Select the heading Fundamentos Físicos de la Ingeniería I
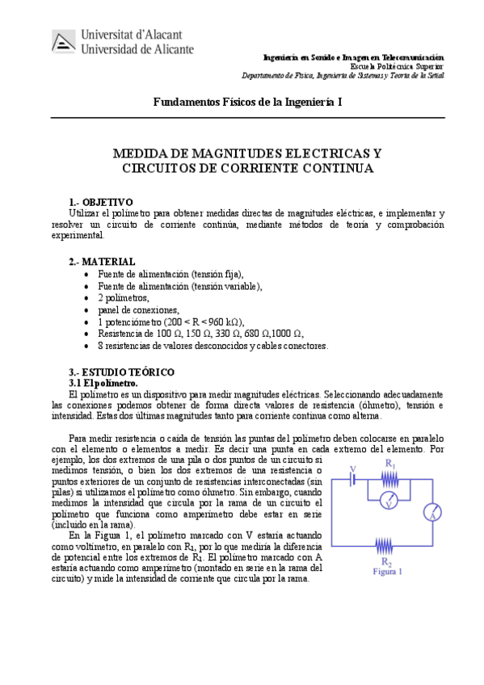(247, 102)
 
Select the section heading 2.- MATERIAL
(102, 262)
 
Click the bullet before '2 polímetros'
(87, 298)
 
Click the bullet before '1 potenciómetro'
(87, 322)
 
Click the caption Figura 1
(388, 571)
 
